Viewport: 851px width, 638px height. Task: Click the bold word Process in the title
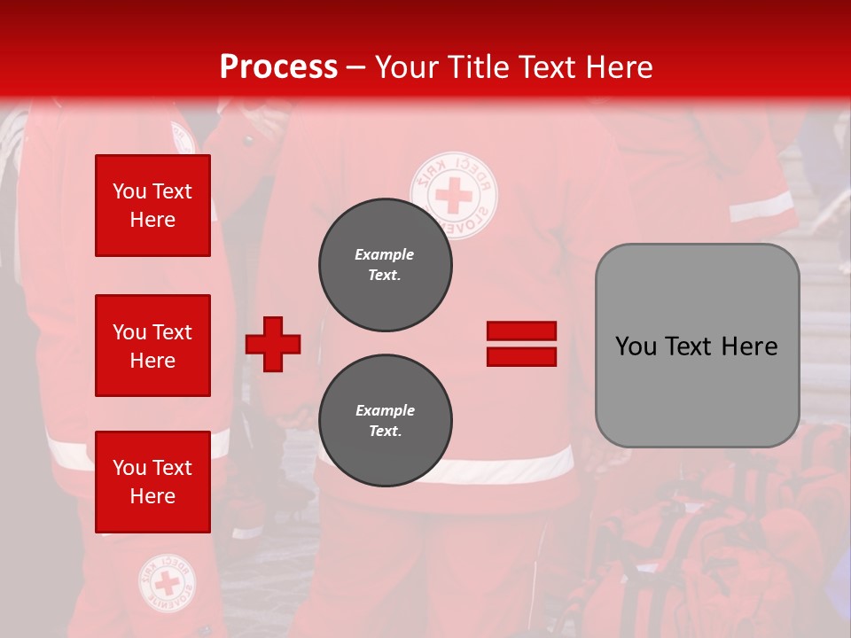(278, 67)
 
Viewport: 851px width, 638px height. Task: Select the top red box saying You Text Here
(152, 206)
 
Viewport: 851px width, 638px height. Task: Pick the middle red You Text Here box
(152, 346)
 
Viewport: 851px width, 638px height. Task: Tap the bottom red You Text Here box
(152, 481)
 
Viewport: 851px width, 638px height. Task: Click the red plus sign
(273, 344)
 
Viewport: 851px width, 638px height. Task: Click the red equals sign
(521, 344)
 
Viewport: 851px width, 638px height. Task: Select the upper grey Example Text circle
(385, 265)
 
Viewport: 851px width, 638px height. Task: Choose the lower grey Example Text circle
(385, 421)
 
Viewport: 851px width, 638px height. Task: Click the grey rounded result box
(697, 346)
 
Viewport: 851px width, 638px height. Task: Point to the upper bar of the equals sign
(521, 331)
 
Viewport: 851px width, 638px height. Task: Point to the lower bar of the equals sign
(521, 356)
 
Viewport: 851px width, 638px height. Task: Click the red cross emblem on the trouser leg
(167, 583)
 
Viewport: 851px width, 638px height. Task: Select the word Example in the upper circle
(385, 254)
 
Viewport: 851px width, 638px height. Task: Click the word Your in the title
(404, 67)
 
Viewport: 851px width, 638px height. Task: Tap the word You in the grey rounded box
(636, 346)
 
